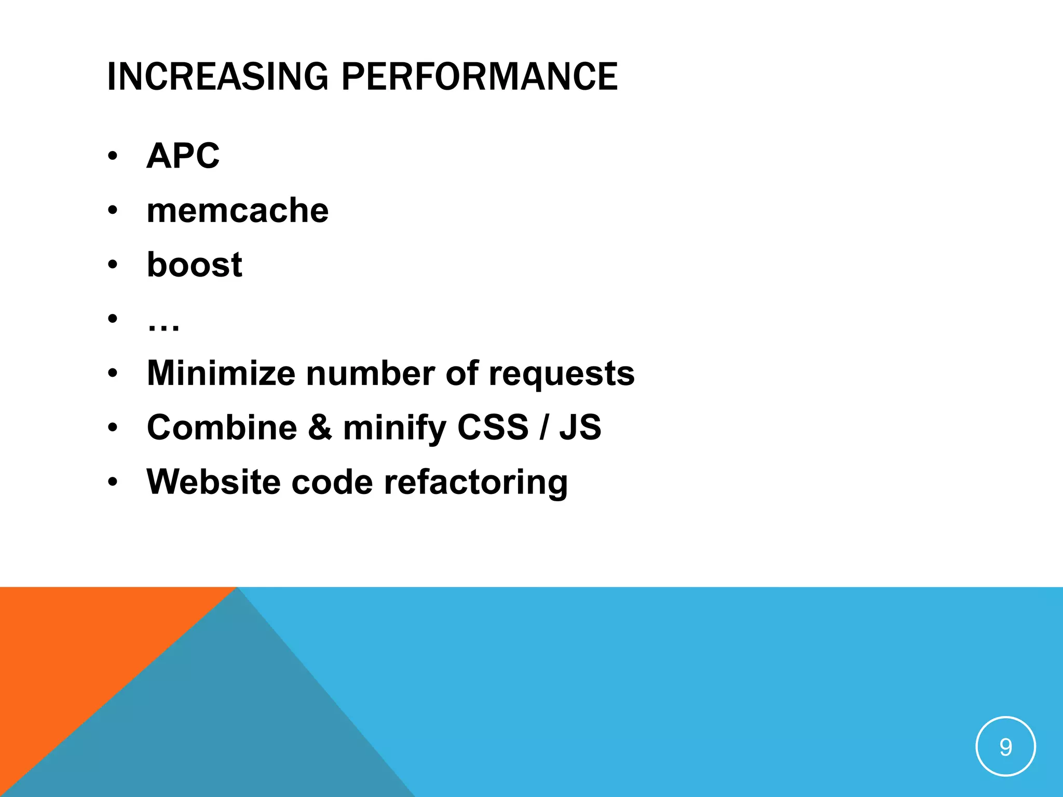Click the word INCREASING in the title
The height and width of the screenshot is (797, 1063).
[217, 77]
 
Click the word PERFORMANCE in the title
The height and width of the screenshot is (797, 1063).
[479, 77]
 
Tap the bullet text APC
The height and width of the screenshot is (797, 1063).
[183, 156]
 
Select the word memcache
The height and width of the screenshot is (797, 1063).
[238, 211]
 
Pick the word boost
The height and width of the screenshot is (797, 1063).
[194, 265]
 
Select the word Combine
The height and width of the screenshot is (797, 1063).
[222, 428]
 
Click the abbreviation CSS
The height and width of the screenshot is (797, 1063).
[493, 428]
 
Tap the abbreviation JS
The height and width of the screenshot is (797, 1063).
[580, 428]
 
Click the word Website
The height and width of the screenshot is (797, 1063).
[213, 482]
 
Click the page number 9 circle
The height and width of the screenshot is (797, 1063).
[1005, 746]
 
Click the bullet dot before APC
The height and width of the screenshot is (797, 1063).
[113, 156]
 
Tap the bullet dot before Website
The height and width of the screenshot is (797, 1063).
[113, 482]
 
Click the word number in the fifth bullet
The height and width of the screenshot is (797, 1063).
[370, 373]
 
